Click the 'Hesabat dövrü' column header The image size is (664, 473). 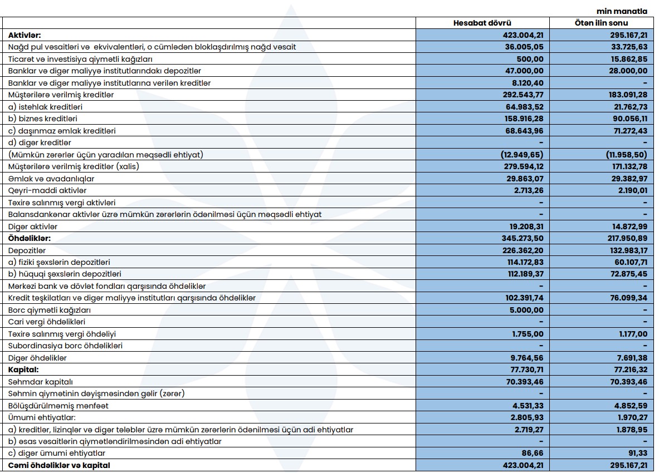click(483, 23)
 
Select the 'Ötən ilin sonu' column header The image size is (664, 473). click(601, 23)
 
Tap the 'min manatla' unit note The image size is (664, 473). click(622, 11)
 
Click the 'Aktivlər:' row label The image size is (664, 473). click(25, 35)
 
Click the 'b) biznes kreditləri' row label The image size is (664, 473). click(42, 119)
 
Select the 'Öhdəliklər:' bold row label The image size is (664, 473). click(30, 238)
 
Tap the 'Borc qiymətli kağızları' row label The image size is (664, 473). click(50, 310)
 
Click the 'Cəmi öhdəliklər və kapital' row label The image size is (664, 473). click(59, 465)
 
